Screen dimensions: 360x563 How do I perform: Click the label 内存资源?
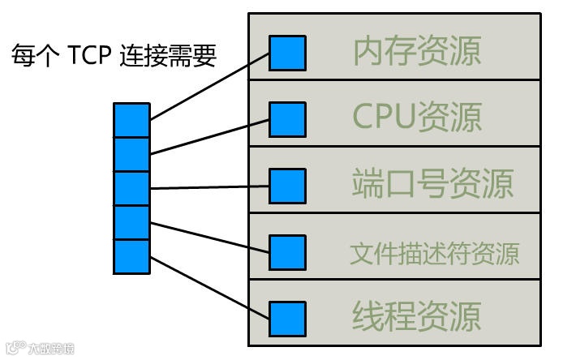click(x=417, y=50)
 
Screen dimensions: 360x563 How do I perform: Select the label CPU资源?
click(x=417, y=117)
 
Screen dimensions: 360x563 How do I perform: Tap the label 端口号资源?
click(x=432, y=184)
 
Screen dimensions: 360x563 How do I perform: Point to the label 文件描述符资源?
click(x=435, y=254)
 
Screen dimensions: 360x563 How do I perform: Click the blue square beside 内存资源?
click(x=287, y=52)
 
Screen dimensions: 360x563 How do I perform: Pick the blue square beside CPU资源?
click(x=287, y=119)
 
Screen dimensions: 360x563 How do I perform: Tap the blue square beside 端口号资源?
click(x=287, y=186)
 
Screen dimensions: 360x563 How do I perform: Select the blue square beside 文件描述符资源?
click(x=287, y=252)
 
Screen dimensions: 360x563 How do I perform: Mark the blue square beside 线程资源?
click(x=287, y=319)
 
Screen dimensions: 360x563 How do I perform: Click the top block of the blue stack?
click(x=131, y=120)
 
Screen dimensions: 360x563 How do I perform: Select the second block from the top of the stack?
click(x=131, y=154)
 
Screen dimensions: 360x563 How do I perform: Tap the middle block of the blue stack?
click(x=131, y=188)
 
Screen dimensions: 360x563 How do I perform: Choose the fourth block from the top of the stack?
click(x=131, y=222)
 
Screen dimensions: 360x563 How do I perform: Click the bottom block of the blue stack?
click(x=131, y=256)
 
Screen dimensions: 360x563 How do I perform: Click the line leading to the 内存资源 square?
click(x=209, y=87)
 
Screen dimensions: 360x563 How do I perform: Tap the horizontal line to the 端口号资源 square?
click(x=209, y=187)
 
